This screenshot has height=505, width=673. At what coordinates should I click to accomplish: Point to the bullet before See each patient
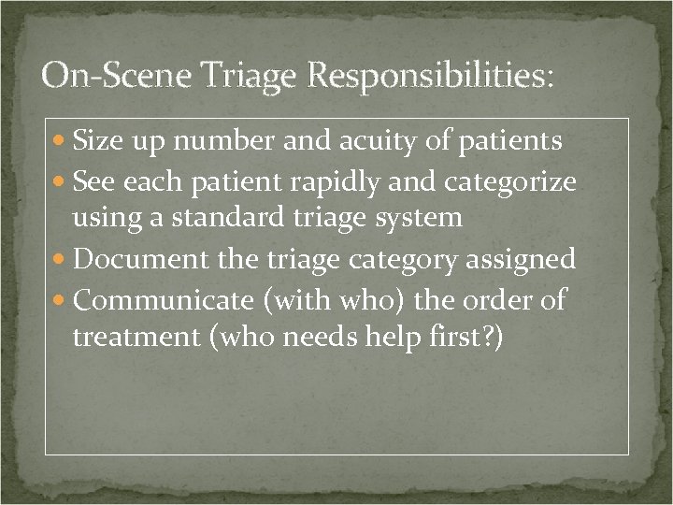[x=61, y=181]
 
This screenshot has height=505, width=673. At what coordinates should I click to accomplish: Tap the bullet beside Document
[x=61, y=260]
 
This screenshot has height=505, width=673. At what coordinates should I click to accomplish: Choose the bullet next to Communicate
[x=61, y=300]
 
